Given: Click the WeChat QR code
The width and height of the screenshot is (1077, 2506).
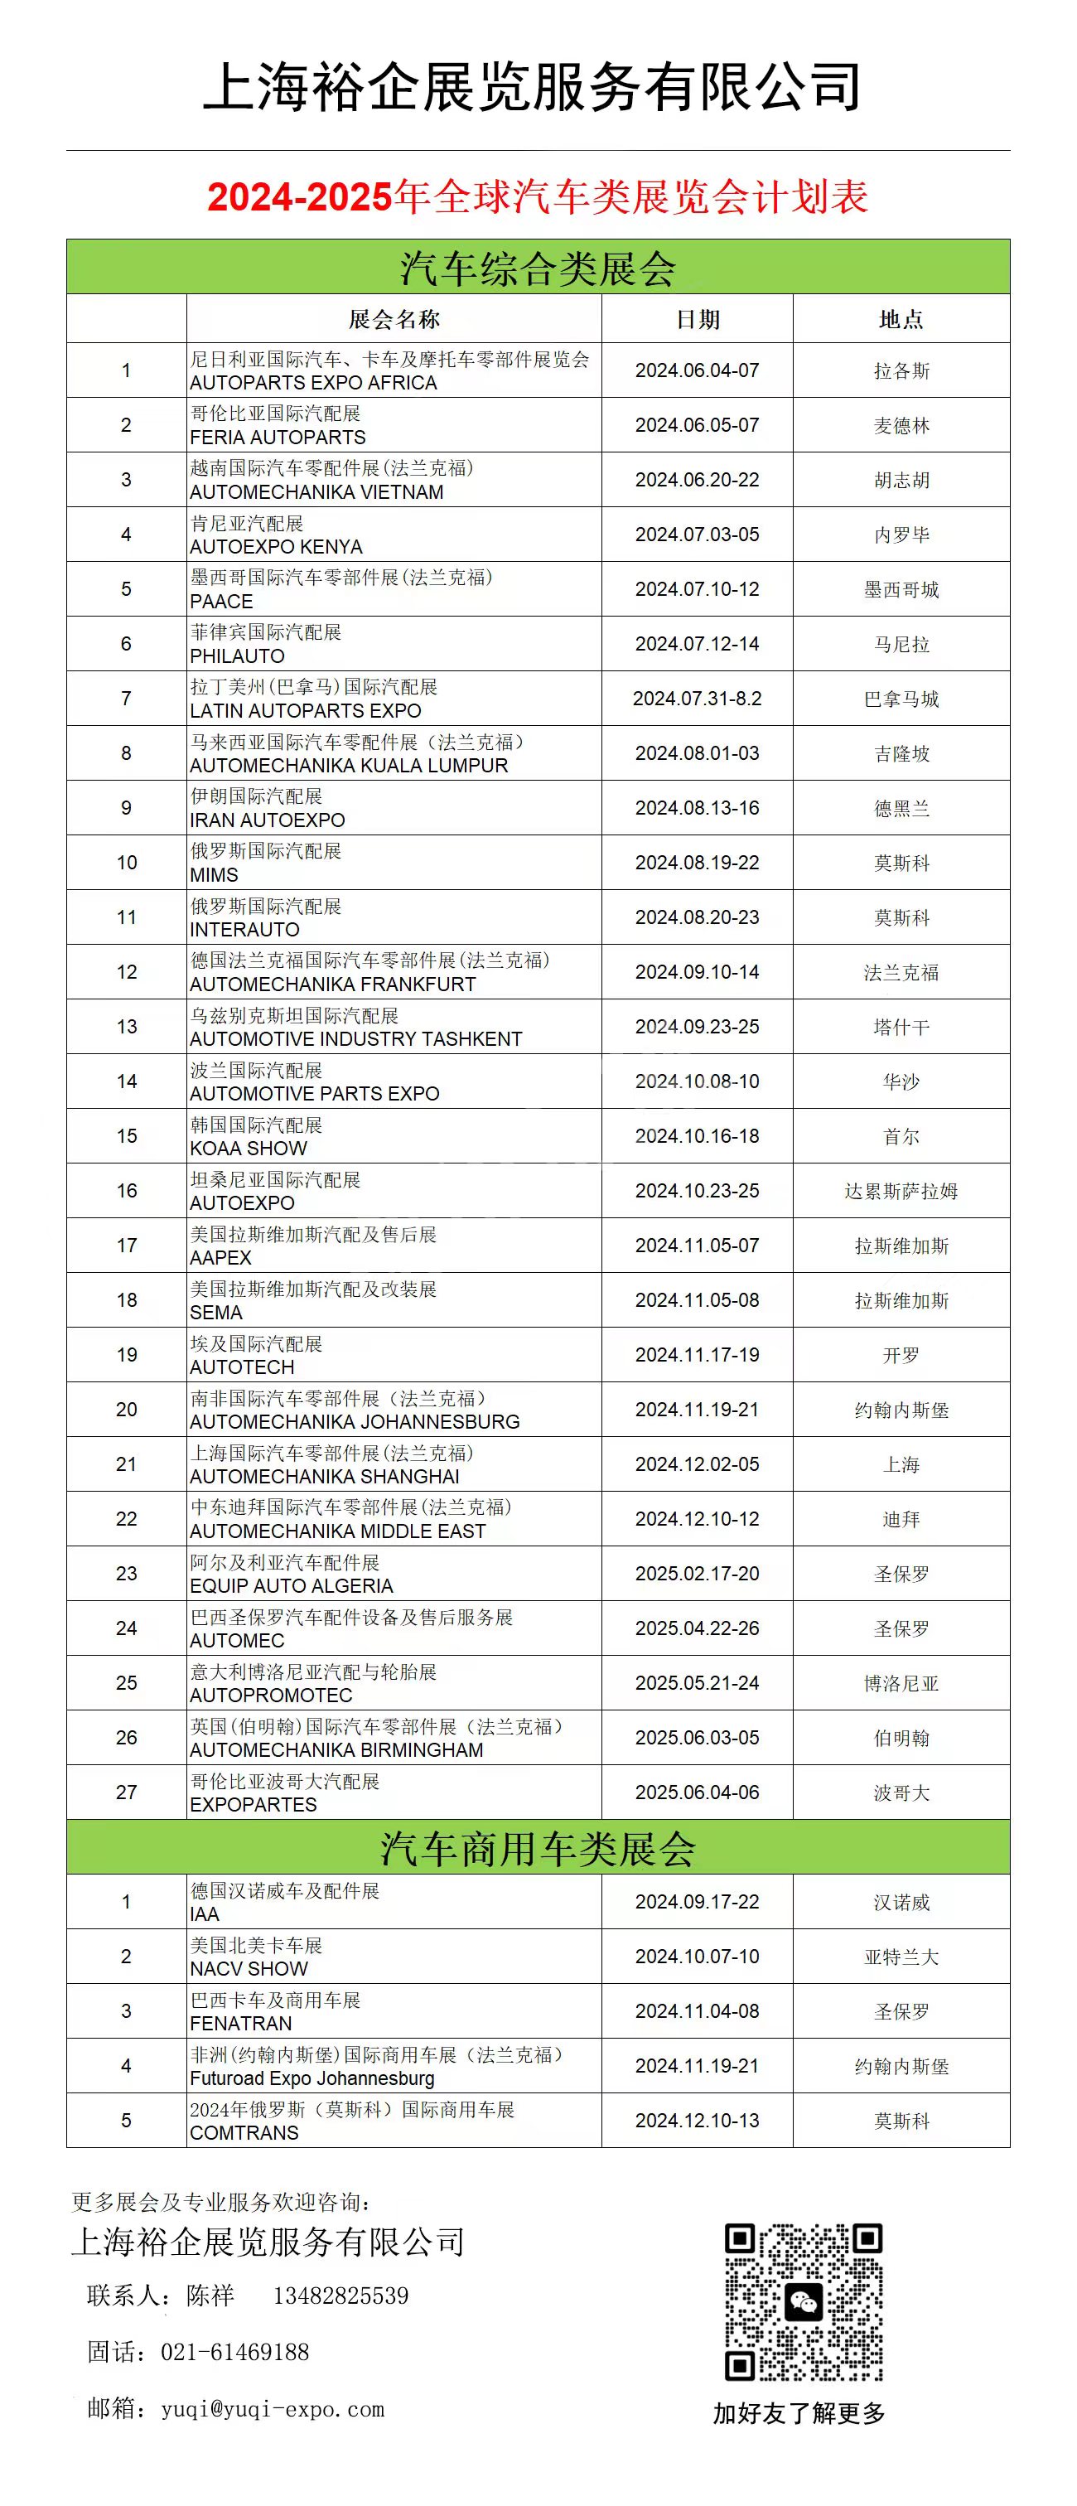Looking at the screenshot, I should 804,2301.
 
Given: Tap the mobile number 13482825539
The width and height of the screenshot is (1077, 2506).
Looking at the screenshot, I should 340,2296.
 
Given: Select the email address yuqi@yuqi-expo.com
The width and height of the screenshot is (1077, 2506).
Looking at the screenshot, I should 273,2409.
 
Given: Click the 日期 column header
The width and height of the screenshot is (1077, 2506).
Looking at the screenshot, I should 698,319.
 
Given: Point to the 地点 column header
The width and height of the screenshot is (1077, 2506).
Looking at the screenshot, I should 901,319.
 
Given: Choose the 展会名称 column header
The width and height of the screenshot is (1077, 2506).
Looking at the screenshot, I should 394,319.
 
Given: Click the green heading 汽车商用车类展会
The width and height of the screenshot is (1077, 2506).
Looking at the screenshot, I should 538,1848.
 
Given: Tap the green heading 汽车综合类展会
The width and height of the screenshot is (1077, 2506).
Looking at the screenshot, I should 538,268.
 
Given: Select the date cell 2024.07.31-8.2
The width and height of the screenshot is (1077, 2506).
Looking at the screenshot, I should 698,699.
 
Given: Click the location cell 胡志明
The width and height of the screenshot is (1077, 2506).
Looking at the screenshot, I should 901,480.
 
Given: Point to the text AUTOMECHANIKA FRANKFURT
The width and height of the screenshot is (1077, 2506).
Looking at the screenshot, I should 333,984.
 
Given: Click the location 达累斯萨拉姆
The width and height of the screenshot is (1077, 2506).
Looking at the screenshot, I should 901,1191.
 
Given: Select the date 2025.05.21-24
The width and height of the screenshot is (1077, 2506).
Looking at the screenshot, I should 698,1683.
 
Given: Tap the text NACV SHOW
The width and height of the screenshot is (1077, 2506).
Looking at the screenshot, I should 249,1969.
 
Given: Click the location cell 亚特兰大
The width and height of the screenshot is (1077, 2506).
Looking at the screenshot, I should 901,1957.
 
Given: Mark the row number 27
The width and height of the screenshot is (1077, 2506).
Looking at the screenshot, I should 127,1792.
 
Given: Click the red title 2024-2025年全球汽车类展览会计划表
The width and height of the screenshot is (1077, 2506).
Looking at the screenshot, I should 538,196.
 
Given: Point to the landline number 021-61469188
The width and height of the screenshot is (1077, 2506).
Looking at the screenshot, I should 234,2353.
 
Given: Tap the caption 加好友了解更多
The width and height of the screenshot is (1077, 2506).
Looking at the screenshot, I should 799,2412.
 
